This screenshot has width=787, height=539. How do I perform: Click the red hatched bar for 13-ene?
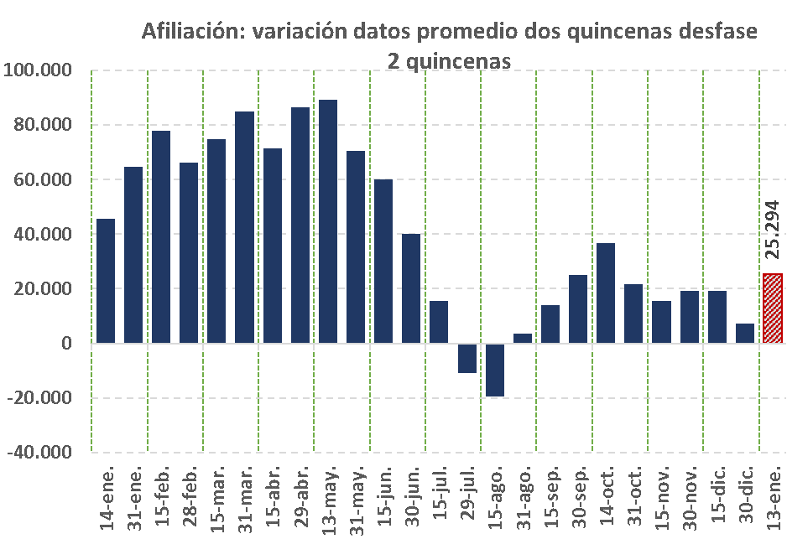tap(773, 308)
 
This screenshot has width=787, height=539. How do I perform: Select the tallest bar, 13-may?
tap(328, 221)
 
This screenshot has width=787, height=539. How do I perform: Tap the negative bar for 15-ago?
tap(495, 370)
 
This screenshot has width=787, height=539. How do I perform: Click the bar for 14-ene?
tap(106, 281)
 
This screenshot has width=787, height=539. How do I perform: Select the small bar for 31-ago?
tap(523, 339)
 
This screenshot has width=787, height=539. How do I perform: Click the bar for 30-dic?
tap(745, 334)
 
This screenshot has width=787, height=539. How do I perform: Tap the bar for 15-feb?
tap(161, 237)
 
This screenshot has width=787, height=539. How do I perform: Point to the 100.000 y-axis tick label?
tap(39, 70)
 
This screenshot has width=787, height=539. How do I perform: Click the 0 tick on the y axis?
tap(65, 344)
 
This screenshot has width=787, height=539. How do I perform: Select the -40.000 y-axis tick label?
tap(39, 453)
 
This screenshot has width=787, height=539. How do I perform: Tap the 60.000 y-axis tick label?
tap(42, 179)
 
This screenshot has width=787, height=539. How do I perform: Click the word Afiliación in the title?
tap(193, 32)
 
